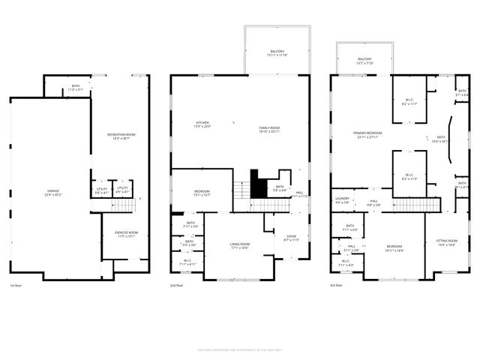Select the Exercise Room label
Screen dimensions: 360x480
pos(125,234)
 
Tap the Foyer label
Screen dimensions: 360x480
pos(291,238)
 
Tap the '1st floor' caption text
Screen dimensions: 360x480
pos(16,286)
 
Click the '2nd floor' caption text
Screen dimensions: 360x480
pos(177,286)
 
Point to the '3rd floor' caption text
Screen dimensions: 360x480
pos(337,286)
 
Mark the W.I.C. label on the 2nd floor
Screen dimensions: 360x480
pos(187,262)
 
